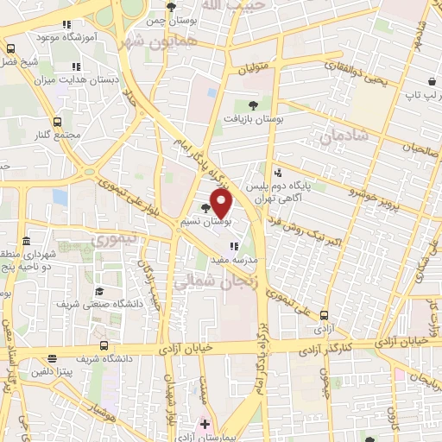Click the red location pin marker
pyautogui.click(x=222, y=203)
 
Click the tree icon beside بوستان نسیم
pyautogui.click(x=205, y=207)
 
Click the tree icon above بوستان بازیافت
pyautogui.click(x=251, y=104)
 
